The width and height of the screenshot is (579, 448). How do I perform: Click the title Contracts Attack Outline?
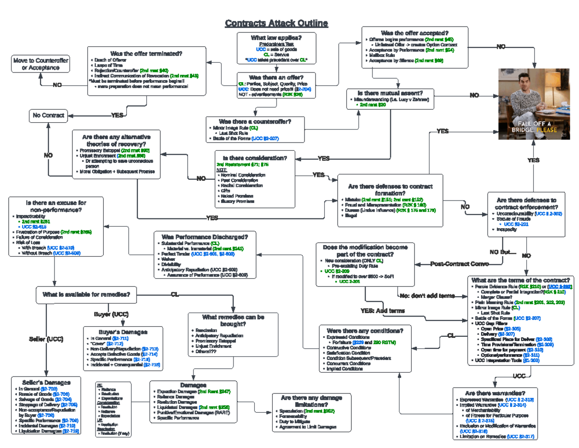276,23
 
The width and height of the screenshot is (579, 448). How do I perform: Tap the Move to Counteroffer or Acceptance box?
41,64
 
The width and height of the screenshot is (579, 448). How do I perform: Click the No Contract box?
48,116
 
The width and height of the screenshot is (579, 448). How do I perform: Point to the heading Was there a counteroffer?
255,121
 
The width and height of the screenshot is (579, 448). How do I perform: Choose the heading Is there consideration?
255,158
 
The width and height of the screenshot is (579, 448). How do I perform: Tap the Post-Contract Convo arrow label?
459,264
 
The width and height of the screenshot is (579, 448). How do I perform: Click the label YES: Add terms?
383,310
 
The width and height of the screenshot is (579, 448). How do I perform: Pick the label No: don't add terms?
427,296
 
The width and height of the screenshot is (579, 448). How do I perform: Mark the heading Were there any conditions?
365,331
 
